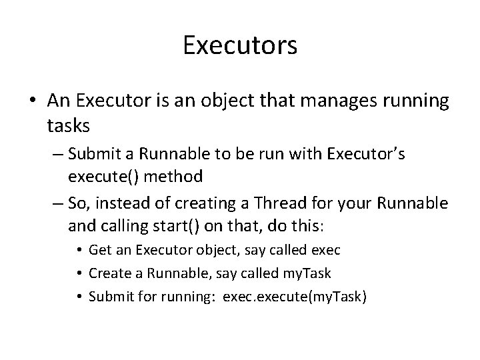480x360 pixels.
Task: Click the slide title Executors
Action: [240, 47]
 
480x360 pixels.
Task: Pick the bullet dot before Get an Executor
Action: [79, 251]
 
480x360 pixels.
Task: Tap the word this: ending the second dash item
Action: [309, 226]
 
